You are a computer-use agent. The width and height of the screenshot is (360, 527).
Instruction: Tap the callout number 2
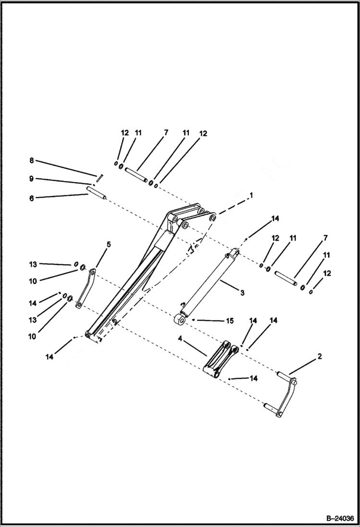[320, 356]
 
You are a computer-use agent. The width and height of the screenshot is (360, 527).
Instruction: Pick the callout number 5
[108, 245]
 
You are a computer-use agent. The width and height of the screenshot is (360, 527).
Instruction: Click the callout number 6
[32, 198]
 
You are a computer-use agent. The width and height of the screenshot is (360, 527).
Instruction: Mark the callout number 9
[32, 179]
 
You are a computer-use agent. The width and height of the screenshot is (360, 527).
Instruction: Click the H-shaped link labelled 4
[219, 360]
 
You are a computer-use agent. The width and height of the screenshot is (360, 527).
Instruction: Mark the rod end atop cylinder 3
[235, 252]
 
